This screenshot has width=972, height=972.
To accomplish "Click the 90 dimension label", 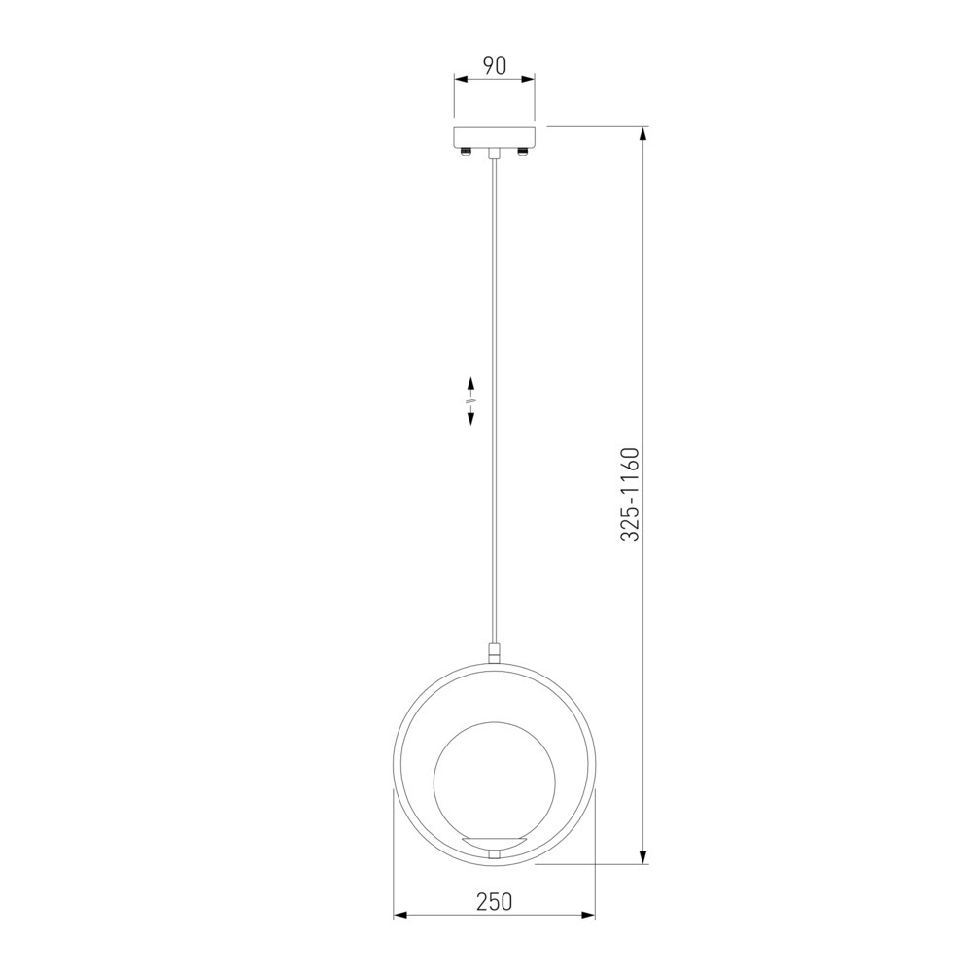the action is [x=495, y=65].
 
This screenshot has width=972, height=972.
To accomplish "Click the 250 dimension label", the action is [x=495, y=901].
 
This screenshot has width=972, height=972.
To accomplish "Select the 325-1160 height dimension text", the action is [x=629, y=494].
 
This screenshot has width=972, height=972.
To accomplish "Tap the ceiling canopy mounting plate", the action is [x=494, y=137].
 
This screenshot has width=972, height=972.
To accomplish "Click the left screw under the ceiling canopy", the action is [x=467, y=151].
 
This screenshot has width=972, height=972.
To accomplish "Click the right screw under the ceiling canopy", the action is [x=523, y=151].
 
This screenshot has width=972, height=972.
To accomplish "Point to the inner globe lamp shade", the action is [x=495, y=782].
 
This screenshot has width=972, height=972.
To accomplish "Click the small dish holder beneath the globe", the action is [x=495, y=844].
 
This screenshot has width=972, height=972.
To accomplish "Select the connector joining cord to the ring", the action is [x=494, y=653].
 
